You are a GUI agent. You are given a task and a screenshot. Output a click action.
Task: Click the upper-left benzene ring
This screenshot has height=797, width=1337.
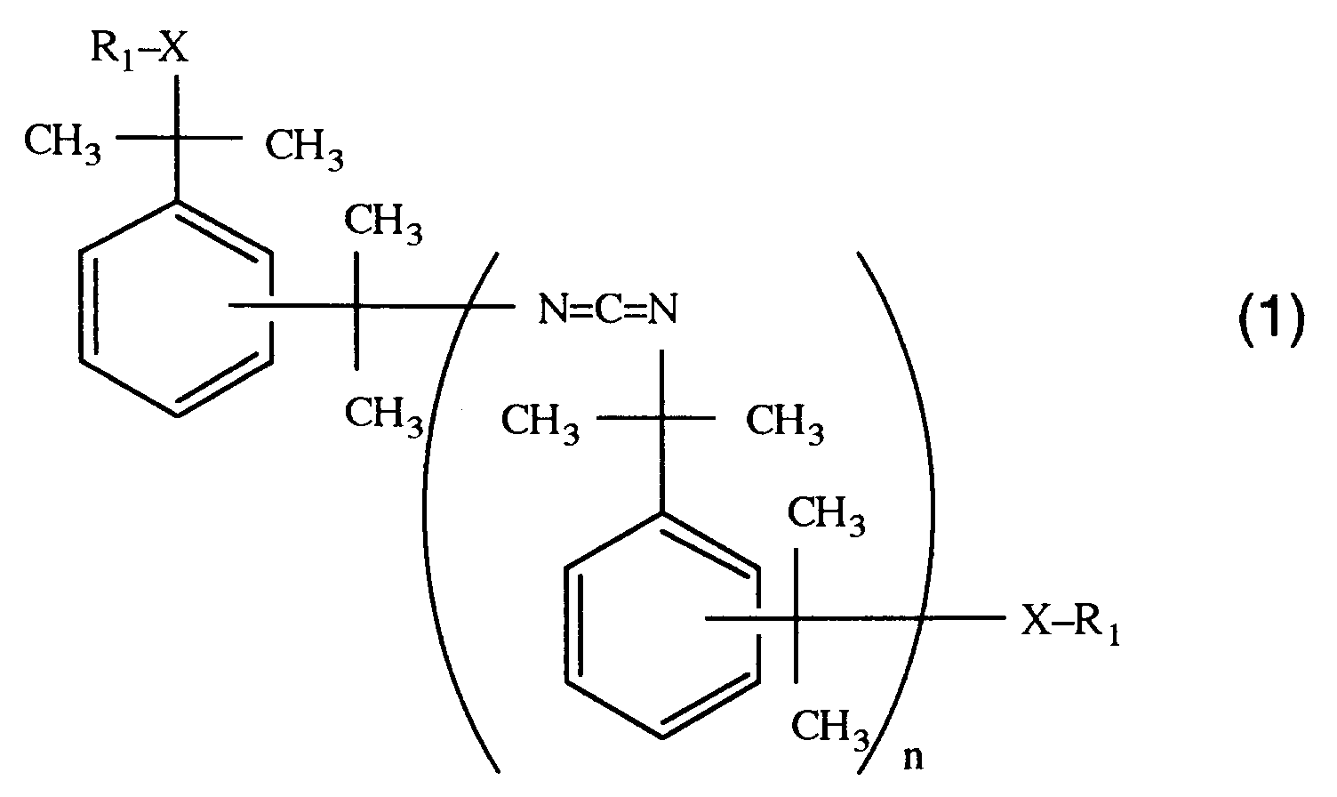coord(176,307)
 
